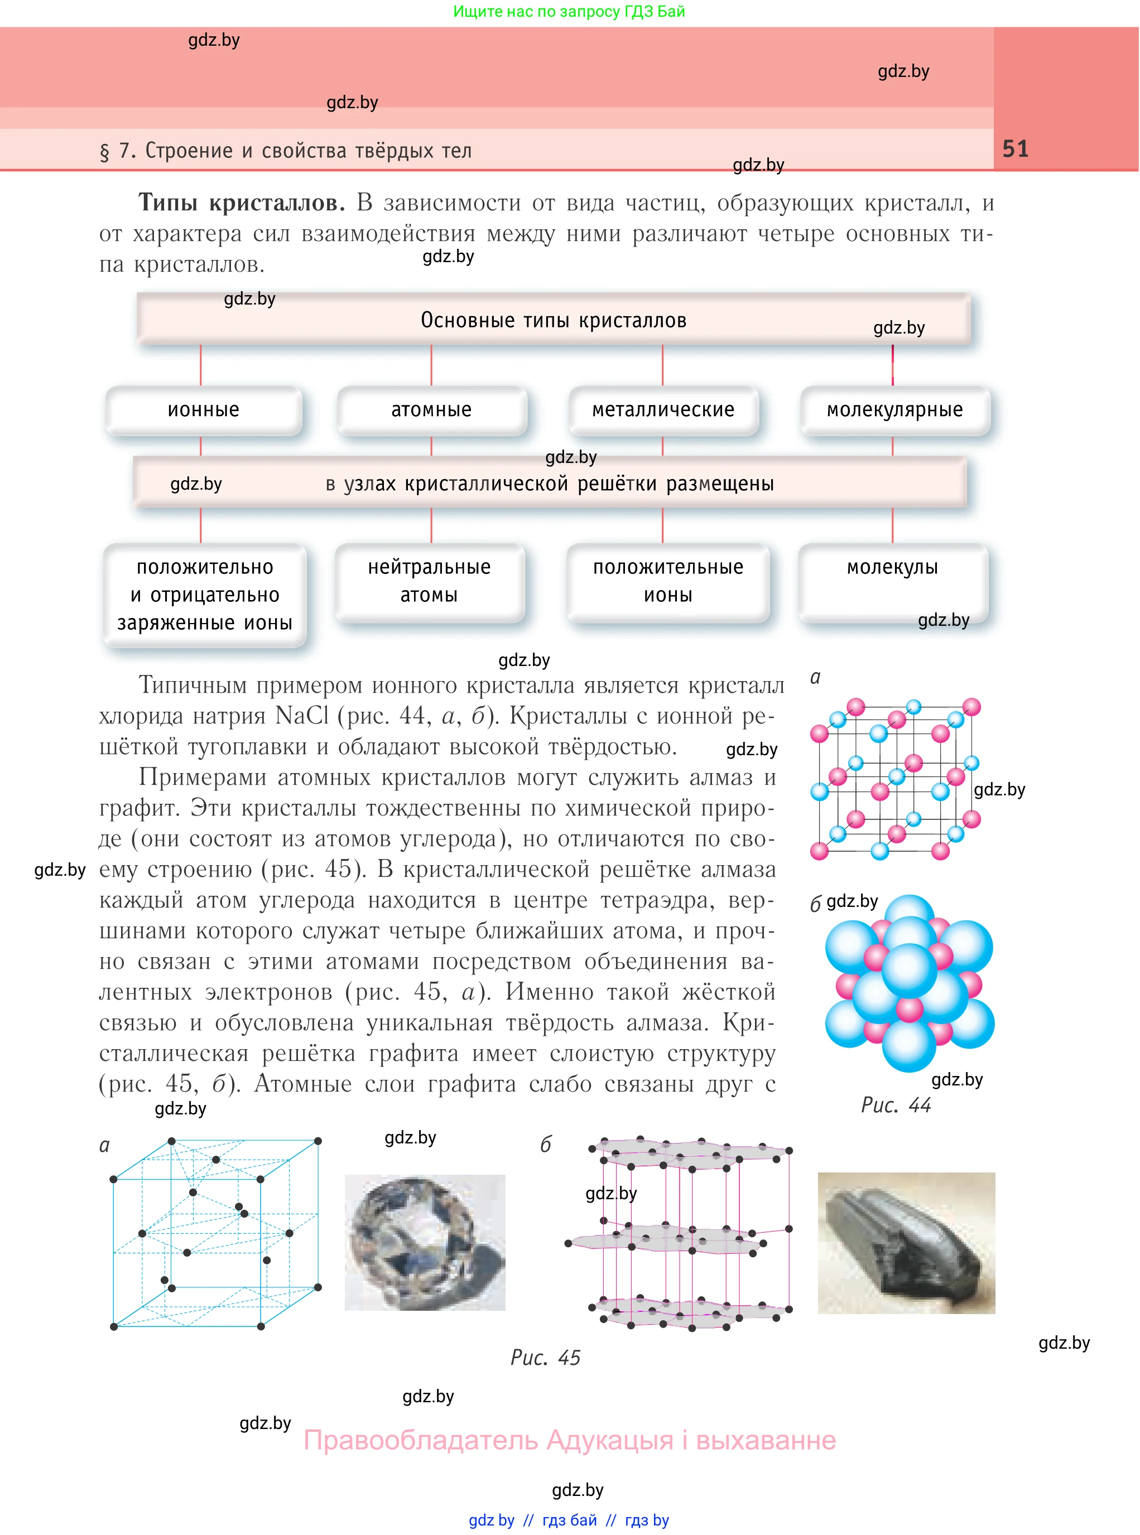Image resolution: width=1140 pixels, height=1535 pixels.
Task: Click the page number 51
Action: click(1014, 149)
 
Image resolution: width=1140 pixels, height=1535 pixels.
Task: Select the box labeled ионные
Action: click(204, 410)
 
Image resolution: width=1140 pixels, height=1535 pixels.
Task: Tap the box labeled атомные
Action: click(432, 410)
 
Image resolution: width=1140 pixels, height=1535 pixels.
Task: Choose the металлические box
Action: click(663, 410)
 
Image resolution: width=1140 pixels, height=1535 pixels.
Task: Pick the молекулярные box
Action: click(894, 410)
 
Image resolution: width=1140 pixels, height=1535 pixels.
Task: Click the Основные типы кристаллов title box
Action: click(554, 320)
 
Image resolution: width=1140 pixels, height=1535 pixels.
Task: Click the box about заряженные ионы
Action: click(205, 595)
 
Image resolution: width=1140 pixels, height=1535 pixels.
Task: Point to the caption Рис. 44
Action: click(896, 1105)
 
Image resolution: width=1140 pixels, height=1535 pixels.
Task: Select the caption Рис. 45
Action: click(545, 1358)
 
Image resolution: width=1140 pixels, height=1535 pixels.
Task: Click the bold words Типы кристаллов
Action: click(242, 203)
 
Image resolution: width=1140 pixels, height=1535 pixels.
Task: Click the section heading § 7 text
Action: click(286, 151)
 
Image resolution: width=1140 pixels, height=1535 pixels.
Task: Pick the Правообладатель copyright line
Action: click(569, 1440)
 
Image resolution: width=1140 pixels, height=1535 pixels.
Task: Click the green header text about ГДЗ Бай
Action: click(569, 11)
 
